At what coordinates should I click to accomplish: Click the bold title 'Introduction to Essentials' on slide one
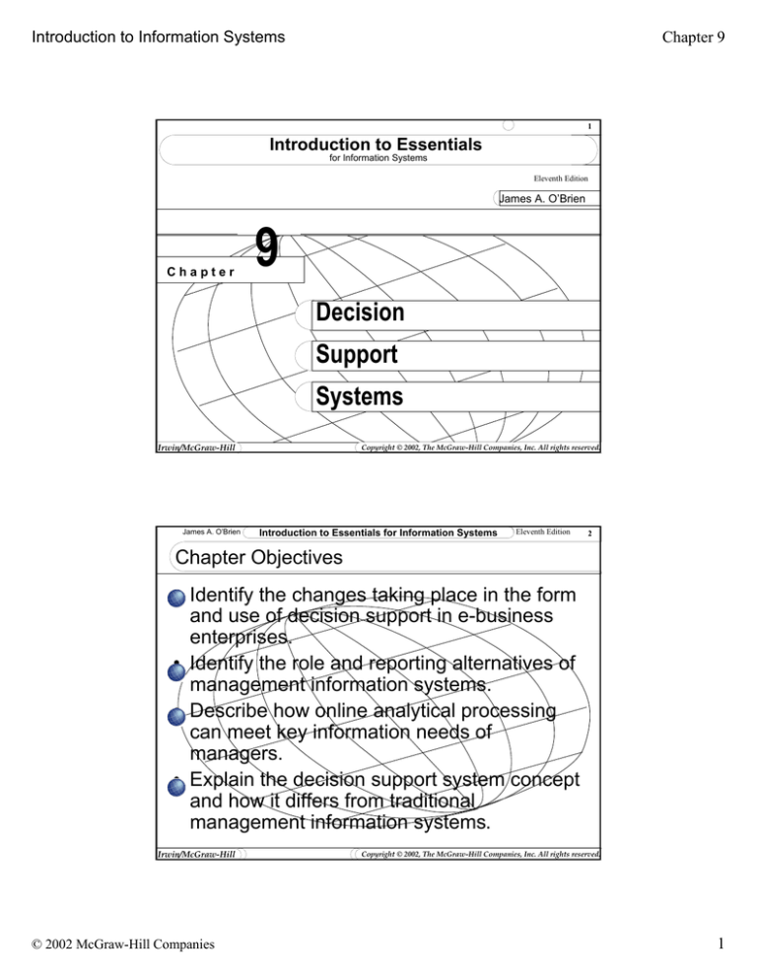pos(376,145)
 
